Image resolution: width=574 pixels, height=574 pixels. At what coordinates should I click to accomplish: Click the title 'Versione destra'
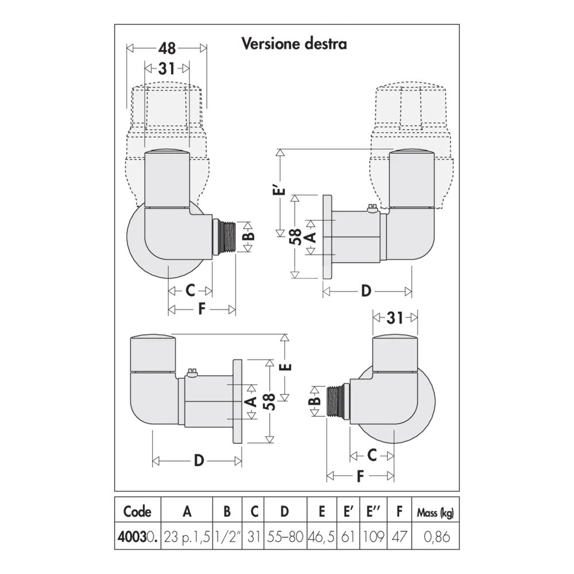(294, 44)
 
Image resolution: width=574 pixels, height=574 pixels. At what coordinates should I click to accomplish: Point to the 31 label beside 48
(166, 68)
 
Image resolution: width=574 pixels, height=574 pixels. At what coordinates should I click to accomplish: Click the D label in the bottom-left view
(199, 461)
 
